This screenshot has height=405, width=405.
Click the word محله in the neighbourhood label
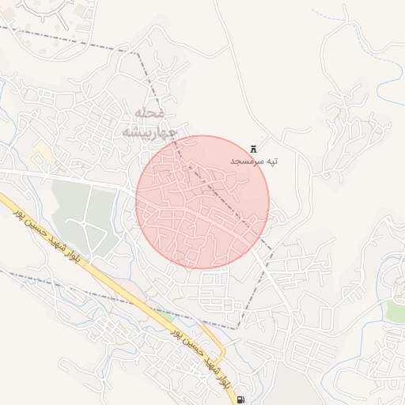[150, 115]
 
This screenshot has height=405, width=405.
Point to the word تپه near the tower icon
[271, 161]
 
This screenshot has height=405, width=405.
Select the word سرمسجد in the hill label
[246, 161]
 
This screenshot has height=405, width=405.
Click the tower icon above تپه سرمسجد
[254, 148]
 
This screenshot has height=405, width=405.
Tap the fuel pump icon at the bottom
[240, 399]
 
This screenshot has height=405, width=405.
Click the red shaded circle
[202, 202]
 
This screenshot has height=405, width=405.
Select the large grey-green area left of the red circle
[83, 214]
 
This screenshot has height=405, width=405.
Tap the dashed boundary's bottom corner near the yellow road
[237, 327]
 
